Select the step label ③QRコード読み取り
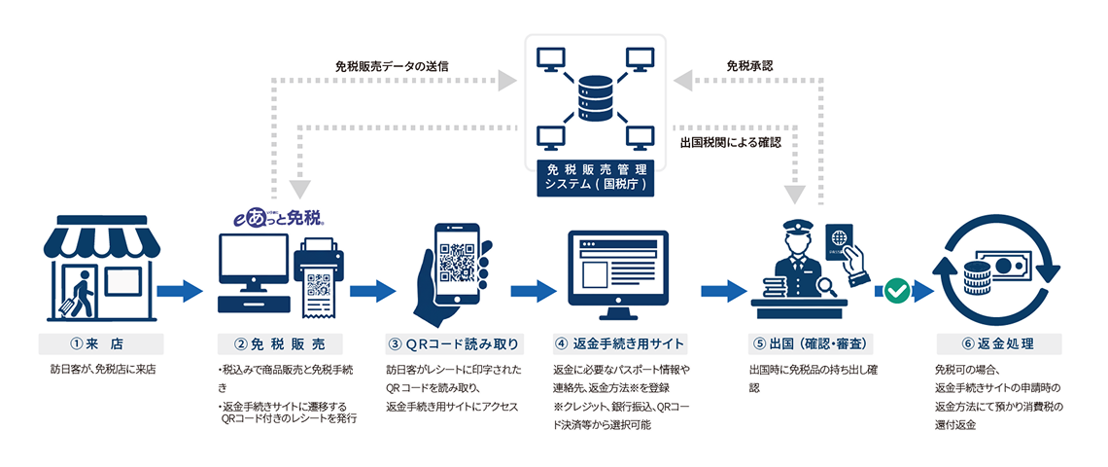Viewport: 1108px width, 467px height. click(x=455, y=343)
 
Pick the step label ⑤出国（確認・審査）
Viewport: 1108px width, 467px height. click(x=810, y=343)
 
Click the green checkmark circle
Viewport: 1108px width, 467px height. click(x=897, y=290)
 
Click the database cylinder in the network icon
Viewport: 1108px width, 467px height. click(x=595, y=95)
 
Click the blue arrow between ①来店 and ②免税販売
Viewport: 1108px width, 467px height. click(x=180, y=290)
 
